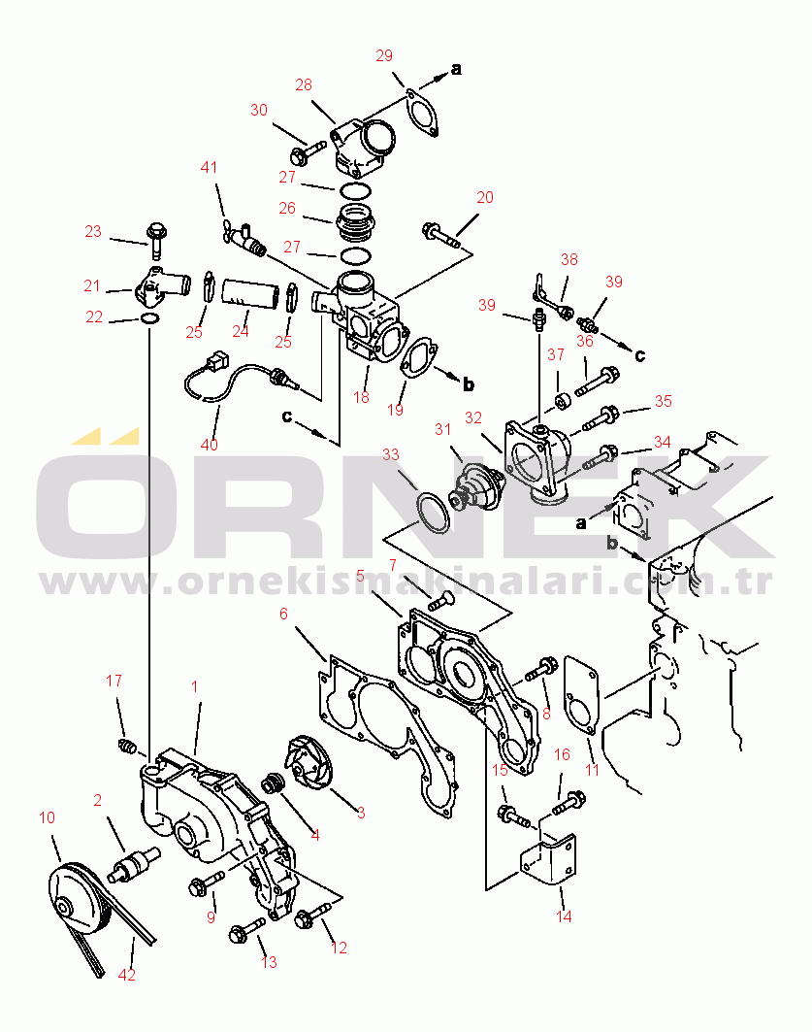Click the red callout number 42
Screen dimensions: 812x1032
pyautogui.click(x=126, y=975)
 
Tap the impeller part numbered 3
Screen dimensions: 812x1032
pyautogui.click(x=309, y=762)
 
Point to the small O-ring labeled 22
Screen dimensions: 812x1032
pyautogui.click(x=150, y=319)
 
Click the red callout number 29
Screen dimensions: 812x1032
pyautogui.click(x=384, y=56)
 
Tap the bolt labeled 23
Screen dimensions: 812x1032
pyautogui.click(x=157, y=240)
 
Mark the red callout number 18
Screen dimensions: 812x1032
pyautogui.click(x=361, y=397)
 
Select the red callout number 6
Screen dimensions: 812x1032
pyautogui.click(x=283, y=615)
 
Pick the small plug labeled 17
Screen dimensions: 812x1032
pyautogui.click(x=127, y=747)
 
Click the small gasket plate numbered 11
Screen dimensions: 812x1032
pyautogui.click(x=582, y=694)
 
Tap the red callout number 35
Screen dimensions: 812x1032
pyautogui.click(x=663, y=402)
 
